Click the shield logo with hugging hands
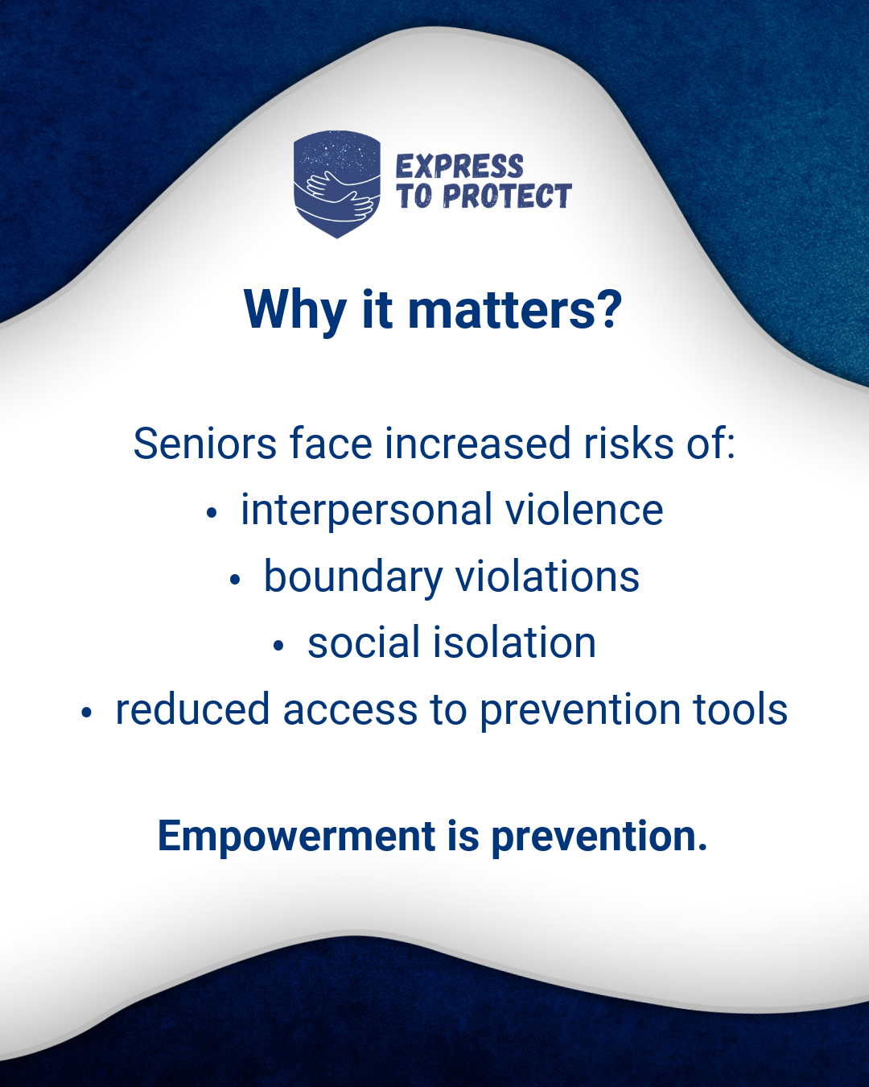pos(337,184)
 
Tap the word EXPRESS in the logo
pos(459,167)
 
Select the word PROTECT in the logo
pos(507,196)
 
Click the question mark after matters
pos(611,309)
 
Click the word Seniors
pos(205,444)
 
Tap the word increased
pos(478,444)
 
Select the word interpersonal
pos(367,511)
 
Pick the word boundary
pos(353,578)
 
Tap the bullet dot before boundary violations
pos(234,581)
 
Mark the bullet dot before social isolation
pos(278,646)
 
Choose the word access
pos(350,710)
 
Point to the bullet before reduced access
pos(86,713)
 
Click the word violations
pos(547,577)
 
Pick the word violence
pos(584,510)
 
